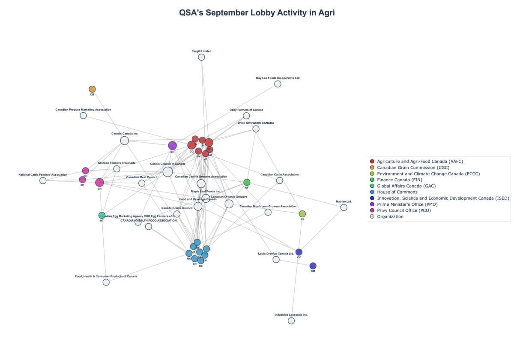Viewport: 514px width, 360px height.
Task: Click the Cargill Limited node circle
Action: pos(201,57)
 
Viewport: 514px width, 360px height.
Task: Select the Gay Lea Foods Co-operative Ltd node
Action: pos(278,84)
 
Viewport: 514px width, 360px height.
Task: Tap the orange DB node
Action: pos(92,89)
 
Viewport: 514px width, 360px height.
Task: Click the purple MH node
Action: pos(172,145)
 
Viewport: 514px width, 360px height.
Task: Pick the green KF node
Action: pos(247,182)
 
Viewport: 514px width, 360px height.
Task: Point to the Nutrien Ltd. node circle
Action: pos(344,207)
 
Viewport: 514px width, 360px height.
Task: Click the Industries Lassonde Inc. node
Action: pos(291,321)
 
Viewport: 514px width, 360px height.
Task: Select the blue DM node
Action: pos(313,266)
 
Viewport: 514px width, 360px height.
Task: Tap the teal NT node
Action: pos(102,215)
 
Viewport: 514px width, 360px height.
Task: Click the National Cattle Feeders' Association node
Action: pos(43,180)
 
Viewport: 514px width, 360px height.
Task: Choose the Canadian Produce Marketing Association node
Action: pos(83,115)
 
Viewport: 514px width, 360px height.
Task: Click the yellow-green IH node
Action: pos(302,214)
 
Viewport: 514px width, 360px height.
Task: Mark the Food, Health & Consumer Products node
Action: pos(106,282)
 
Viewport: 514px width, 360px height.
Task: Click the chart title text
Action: pos(257,13)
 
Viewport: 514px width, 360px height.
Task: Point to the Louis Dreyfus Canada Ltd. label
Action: pos(276,253)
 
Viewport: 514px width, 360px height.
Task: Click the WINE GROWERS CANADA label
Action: pos(256,123)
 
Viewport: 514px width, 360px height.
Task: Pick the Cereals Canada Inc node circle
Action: pos(124,141)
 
